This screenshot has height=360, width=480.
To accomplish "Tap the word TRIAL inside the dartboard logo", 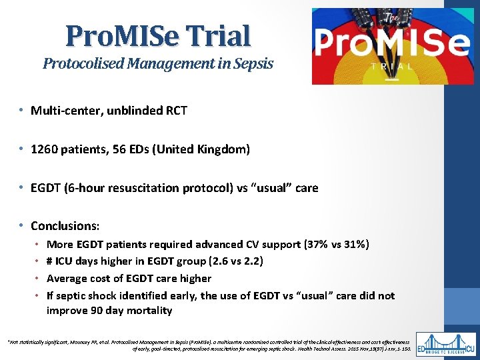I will tap(391, 65).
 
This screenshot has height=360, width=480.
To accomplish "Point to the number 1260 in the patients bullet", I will tap(44, 149).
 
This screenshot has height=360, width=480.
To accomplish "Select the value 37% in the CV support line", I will tap(319, 245).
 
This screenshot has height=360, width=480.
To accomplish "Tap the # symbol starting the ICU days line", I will tap(50, 261).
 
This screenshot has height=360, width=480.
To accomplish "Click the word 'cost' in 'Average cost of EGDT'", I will tap(97, 278).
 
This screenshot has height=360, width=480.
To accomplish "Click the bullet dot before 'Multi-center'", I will tap(22, 111).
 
